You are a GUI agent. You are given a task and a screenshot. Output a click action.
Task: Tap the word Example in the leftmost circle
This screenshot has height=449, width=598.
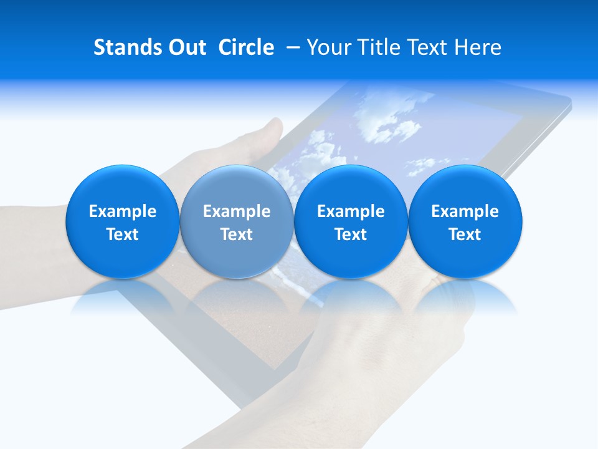[123, 211]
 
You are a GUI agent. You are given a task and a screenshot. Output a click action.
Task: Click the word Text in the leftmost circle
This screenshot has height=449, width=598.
[123, 234]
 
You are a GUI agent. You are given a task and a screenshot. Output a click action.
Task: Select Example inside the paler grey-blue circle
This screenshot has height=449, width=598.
[237, 211]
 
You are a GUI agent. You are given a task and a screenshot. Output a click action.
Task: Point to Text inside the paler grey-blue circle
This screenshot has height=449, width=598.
[237, 234]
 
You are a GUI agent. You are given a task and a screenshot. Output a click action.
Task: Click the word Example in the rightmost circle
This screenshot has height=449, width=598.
[465, 211]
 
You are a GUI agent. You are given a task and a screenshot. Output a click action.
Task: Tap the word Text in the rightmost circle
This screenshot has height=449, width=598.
[465, 234]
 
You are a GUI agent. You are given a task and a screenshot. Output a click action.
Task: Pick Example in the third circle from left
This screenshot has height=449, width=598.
[351, 211]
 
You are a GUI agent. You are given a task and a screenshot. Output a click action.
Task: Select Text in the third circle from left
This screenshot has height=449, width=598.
[351, 234]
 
